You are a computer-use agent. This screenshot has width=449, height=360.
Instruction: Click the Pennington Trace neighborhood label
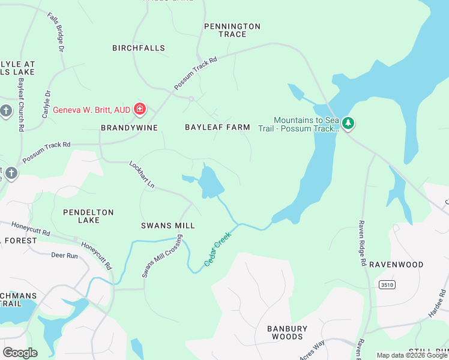click(232, 30)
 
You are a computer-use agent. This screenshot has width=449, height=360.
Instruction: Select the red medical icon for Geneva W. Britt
click(140, 109)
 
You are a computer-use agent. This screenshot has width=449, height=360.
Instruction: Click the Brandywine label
click(129, 128)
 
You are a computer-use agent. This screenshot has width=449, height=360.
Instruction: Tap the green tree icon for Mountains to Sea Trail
click(348, 123)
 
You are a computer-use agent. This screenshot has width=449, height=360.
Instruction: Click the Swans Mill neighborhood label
click(168, 226)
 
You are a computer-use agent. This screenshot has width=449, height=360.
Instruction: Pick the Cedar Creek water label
click(217, 250)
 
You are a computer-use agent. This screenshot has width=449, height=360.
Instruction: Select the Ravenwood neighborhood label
click(396, 265)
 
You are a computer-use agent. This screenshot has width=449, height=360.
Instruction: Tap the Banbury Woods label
click(287, 332)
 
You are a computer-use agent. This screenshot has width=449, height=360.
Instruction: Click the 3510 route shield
click(387, 284)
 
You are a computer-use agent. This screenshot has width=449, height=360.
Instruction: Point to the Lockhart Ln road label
click(142, 175)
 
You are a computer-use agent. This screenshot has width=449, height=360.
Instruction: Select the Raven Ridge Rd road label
click(362, 242)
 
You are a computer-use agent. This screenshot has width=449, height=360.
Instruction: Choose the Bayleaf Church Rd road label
click(20, 105)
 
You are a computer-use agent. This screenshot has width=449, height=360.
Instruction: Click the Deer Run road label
click(65, 256)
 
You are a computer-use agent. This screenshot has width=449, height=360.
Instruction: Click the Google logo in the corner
click(20, 352)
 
